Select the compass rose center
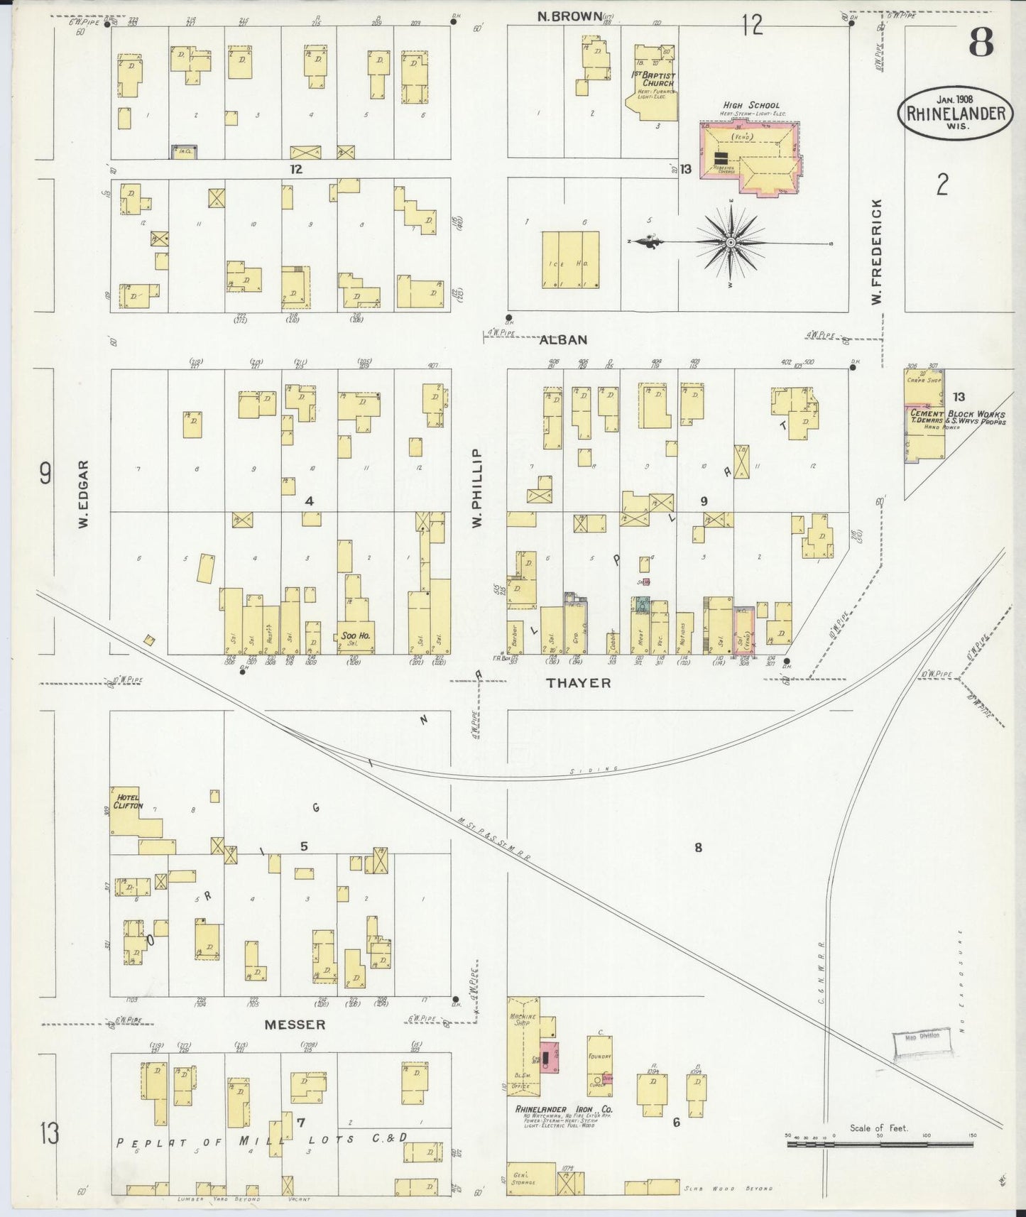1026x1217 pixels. click(x=731, y=243)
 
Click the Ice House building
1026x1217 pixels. click(x=571, y=259)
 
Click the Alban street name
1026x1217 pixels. click(x=564, y=340)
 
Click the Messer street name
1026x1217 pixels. click(x=295, y=1025)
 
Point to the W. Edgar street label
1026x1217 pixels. click(x=83, y=493)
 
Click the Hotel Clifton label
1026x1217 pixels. click(x=126, y=801)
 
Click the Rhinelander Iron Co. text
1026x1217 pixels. click(x=560, y=1108)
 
